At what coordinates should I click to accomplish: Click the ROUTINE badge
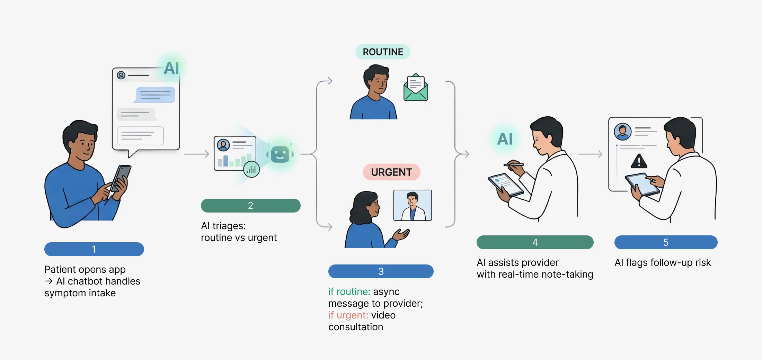click(x=383, y=52)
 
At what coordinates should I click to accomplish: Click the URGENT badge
click(x=391, y=172)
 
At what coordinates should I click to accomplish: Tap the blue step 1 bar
click(x=94, y=249)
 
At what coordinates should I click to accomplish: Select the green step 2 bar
click(x=250, y=206)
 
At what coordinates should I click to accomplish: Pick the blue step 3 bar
click(x=381, y=271)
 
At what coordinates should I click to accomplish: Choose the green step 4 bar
click(x=535, y=242)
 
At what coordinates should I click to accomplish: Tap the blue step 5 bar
click(x=666, y=242)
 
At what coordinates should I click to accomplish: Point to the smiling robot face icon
click(x=280, y=154)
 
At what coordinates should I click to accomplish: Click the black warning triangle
click(x=639, y=161)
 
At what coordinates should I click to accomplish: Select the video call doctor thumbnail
click(x=413, y=205)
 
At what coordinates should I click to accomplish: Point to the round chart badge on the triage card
click(x=251, y=169)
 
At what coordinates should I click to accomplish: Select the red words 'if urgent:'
click(x=348, y=315)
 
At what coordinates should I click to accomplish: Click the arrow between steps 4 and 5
click(x=590, y=154)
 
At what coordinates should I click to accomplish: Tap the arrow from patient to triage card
click(x=196, y=154)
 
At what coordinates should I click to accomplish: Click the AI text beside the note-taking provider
click(x=505, y=139)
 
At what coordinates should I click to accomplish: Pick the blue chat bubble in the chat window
click(x=155, y=95)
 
